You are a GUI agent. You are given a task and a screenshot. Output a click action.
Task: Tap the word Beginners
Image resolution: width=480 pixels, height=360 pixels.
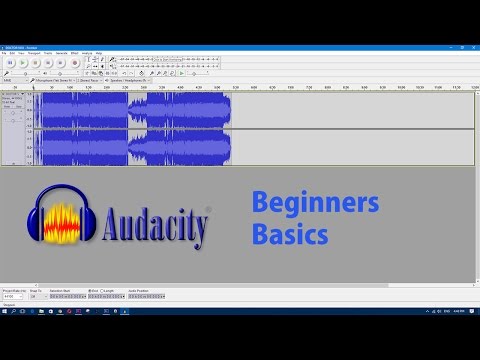315,205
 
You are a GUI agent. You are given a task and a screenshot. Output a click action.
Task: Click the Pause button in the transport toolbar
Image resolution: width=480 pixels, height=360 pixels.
9,62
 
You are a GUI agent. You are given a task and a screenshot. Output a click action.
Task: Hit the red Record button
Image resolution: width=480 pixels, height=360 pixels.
74,62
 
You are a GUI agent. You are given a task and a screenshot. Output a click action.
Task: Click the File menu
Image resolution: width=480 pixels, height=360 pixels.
5,52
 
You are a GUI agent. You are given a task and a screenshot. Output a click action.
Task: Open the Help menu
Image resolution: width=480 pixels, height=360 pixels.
98,52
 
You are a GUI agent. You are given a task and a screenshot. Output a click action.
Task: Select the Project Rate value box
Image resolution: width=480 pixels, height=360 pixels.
13,297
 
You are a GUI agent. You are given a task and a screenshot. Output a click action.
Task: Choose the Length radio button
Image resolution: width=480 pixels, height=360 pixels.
102,291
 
